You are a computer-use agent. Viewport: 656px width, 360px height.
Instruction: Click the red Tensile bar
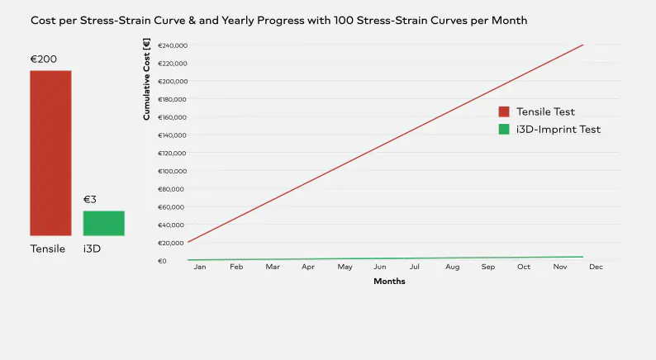click(50, 153)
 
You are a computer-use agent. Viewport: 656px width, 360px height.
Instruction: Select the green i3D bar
click(103, 223)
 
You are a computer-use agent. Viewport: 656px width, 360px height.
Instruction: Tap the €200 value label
click(44, 59)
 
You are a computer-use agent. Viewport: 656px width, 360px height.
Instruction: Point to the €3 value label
click(90, 200)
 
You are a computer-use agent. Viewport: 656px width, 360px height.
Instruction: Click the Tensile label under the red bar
click(48, 249)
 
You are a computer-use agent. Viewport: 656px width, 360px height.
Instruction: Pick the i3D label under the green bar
click(92, 249)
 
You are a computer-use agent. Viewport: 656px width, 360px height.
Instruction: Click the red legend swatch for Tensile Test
click(504, 112)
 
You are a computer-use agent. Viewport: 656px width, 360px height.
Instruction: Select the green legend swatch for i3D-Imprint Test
click(504, 130)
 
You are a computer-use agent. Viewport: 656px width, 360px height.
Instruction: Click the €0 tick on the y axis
click(162, 261)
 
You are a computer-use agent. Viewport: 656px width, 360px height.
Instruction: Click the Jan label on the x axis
click(200, 267)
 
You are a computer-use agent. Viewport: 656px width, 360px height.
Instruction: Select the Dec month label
click(596, 267)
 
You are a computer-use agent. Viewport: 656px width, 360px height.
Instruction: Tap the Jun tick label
click(380, 267)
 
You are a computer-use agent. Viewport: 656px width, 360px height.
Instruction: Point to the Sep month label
click(488, 267)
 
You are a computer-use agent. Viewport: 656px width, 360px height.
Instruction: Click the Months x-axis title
click(389, 282)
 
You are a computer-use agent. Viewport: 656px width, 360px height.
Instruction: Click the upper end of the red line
click(583, 45)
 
